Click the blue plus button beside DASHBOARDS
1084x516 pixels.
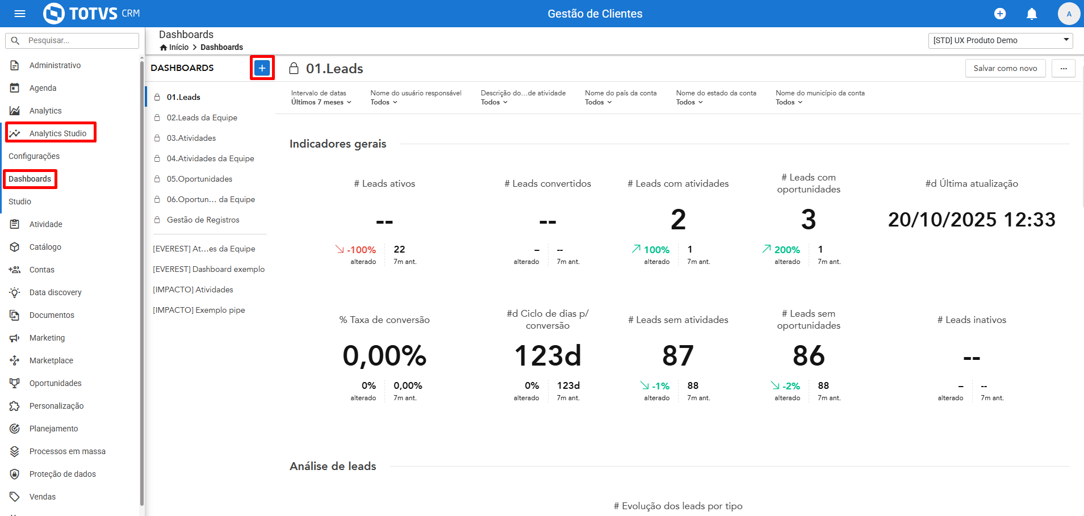coord(262,68)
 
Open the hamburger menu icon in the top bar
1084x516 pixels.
coord(20,14)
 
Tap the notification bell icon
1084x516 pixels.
coord(1032,14)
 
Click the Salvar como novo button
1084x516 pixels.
coord(1005,68)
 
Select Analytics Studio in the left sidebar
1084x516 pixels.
coord(58,133)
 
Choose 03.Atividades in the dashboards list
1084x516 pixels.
coord(191,138)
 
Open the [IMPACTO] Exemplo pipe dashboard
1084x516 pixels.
coord(199,310)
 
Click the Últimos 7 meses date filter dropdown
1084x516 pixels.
coord(321,102)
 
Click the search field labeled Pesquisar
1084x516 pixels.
coord(72,41)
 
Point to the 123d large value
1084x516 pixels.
coord(547,356)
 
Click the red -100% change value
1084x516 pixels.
coord(361,250)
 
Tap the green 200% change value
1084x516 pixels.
coord(787,250)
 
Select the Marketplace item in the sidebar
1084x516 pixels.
coord(51,360)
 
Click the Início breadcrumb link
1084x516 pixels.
coord(179,47)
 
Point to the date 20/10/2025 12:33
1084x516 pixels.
coord(972,220)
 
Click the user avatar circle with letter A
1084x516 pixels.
coord(1069,14)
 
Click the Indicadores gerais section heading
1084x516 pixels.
coord(338,144)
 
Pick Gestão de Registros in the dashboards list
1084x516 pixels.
coord(203,220)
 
